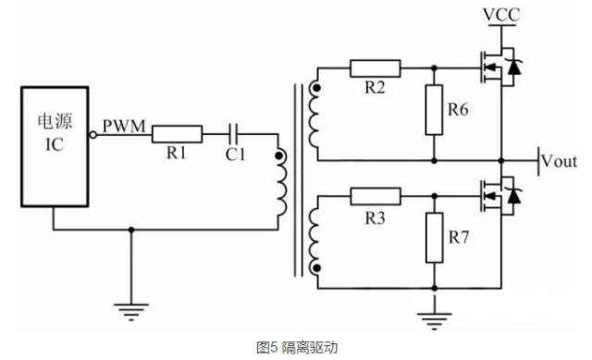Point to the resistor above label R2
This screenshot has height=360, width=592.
375,68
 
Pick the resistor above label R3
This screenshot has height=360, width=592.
375,195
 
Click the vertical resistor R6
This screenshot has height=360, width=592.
433,110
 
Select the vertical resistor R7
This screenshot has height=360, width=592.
433,238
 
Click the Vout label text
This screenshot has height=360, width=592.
560,160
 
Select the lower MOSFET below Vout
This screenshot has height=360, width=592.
496,195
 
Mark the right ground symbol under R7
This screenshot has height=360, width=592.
432,319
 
